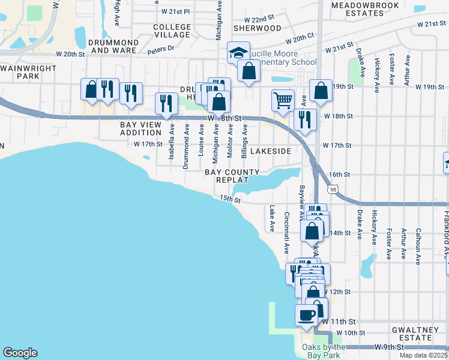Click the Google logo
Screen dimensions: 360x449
20,353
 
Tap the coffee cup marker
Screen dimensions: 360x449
306,315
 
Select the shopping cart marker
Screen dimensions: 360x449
283,100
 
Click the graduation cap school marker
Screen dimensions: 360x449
238,53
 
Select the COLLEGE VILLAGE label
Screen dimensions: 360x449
172,31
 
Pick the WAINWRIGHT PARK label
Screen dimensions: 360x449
28,72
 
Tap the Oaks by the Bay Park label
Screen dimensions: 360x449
324,352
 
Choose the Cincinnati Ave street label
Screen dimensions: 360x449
286,233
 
